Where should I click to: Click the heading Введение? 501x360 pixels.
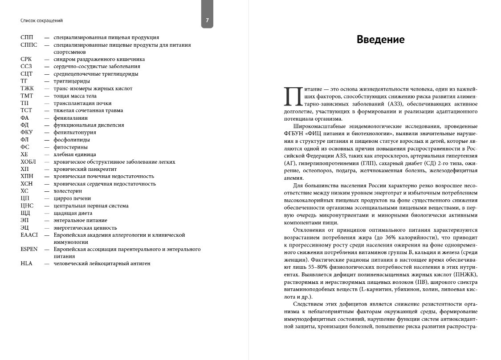pos(380,40)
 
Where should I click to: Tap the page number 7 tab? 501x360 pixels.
pos(207,20)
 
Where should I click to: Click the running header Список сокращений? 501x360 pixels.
pos(41,20)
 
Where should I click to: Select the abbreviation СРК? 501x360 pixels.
pos(26,59)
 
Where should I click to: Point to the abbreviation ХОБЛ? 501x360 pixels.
pos(28,162)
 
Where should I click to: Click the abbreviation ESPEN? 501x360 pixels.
pos(29,249)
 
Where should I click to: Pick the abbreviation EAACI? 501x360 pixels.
pos(29,235)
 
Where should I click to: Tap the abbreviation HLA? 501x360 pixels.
pos(26,263)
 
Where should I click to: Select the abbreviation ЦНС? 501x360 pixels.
pos(27,206)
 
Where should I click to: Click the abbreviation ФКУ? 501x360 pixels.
pos(27,133)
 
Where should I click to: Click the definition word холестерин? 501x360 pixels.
pos(68,191)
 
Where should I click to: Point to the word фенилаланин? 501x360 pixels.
pos(70,118)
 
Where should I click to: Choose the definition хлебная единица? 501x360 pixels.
pos(74,154)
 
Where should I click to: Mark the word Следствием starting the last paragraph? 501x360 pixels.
pos(308,304)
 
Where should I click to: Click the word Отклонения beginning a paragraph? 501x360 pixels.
pos(308,230)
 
